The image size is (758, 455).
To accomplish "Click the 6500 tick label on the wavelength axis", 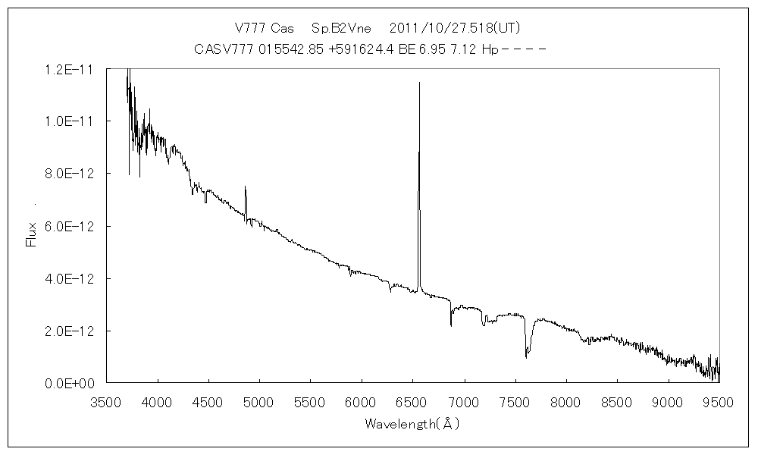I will pos(412,402).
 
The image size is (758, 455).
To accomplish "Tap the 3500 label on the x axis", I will pos(106,402).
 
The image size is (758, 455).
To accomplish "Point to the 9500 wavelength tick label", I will pos(718,402).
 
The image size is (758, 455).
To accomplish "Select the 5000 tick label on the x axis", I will pos(259,402).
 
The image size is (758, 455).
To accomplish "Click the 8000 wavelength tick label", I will pos(565,402).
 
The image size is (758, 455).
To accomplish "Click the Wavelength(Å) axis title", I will pos(412,424).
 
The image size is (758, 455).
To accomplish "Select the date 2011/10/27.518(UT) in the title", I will pos(454,28).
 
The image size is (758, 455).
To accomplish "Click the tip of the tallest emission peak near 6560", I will pos(419,83).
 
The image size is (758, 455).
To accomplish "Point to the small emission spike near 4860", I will pos(245,187).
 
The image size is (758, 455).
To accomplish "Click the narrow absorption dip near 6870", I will pos(451,325).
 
